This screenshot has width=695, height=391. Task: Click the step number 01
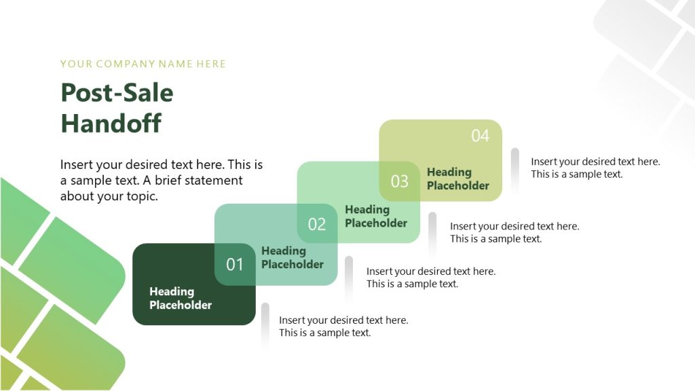tap(235, 264)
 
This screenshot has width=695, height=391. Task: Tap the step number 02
tap(317, 224)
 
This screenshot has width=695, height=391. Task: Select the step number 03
tap(400, 181)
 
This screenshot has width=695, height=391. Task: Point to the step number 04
tap(480, 136)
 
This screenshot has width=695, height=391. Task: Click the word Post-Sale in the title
tap(117, 93)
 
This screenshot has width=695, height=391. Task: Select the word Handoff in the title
tap(111, 124)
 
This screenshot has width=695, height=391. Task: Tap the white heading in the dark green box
tap(181, 298)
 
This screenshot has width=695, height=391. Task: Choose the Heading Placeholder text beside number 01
tap(293, 257)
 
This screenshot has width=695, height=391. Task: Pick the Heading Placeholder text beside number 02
tap(376, 216)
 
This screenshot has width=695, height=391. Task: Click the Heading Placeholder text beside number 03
tap(458, 179)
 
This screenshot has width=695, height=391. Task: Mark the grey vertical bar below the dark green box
tap(265, 325)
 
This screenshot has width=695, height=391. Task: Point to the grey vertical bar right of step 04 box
tap(515, 170)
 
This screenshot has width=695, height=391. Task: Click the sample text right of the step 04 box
tap(595, 168)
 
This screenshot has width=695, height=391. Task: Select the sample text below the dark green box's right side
tap(343, 327)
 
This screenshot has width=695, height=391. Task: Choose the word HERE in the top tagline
tap(211, 64)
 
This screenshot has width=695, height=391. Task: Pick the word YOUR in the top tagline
tap(76, 64)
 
